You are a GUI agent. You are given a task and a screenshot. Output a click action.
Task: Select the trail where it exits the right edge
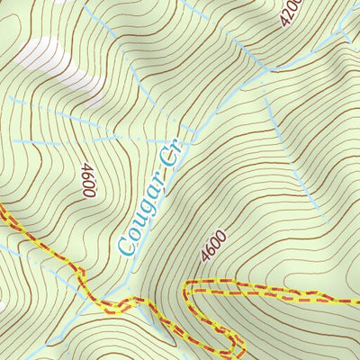tap(356, 298)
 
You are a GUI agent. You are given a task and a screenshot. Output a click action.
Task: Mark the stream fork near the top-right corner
tap(340, 34)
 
